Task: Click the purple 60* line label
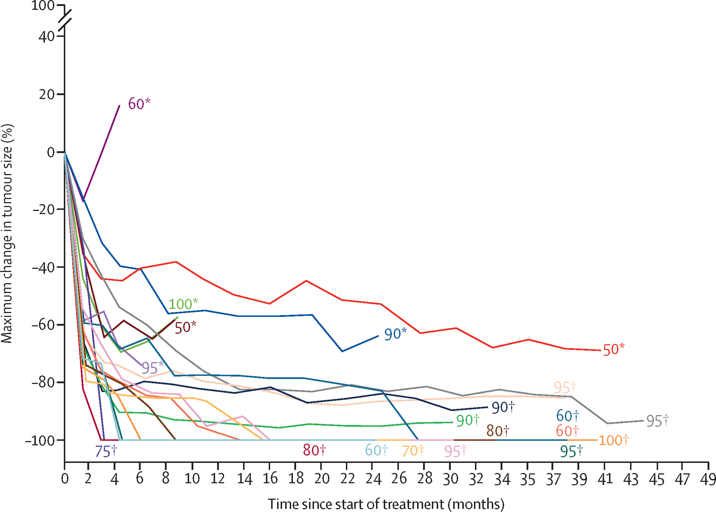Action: pyautogui.click(x=139, y=104)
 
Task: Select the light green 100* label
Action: pyautogui.click(x=183, y=304)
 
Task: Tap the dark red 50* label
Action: pyautogui.click(x=185, y=327)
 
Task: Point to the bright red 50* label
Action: pyautogui.click(x=613, y=350)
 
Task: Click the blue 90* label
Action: pyautogui.click(x=395, y=334)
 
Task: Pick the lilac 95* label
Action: pyautogui.click(x=153, y=367)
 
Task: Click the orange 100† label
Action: pyautogui.click(x=613, y=440)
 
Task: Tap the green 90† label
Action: pyautogui.click(x=468, y=420)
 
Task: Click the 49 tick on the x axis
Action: pyautogui.click(x=708, y=479)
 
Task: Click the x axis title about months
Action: pyautogui.click(x=386, y=504)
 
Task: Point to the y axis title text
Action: pyautogui.click(x=7, y=233)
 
